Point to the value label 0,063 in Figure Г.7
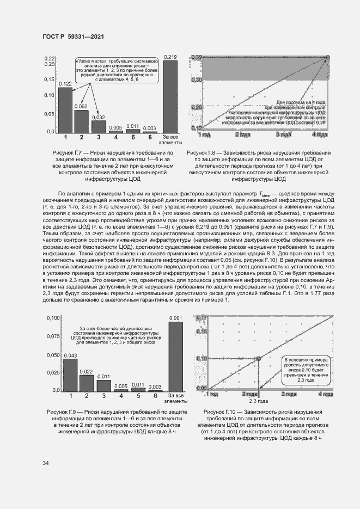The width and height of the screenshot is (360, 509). point(81,107)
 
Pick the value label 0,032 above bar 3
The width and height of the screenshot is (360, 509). point(99,117)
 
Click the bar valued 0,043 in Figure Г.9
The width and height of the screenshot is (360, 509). point(70,375)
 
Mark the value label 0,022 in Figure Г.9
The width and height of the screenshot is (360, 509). point(86,372)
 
